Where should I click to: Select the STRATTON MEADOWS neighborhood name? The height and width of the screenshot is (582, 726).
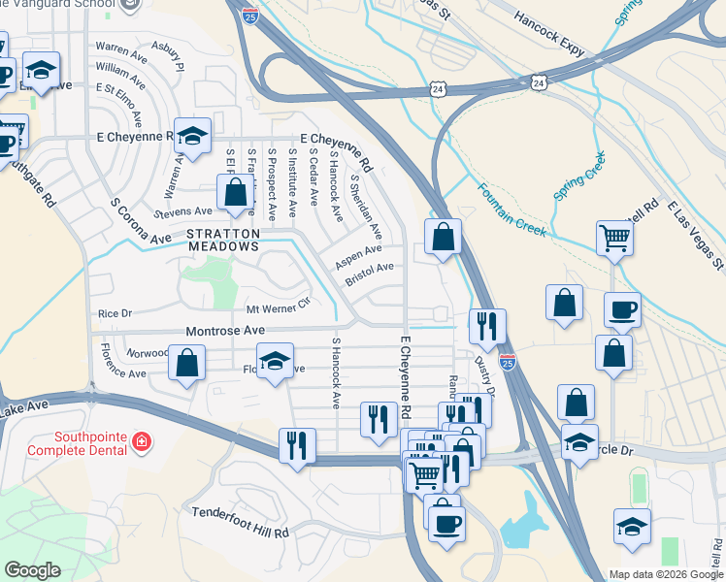pyautogui.click(x=223, y=240)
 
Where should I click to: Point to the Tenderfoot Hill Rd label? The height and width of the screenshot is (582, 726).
pyautogui.click(x=241, y=523)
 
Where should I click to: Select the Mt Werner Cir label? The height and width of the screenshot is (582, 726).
pyautogui.click(x=278, y=307)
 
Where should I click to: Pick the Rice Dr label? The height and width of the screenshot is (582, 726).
pyautogui.click(x=115, y=313)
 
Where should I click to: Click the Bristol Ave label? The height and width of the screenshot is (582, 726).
pyautogui.click(x=370, y=274)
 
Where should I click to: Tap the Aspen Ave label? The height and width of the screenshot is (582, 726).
pyautogui.click(x=358, y=254)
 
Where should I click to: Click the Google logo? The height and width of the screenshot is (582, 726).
pyautogui.click(x=32, y=570)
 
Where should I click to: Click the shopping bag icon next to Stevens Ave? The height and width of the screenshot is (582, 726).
pyautogui.click(x=235, y=192)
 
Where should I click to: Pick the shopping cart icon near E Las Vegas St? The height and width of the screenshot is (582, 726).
pyautogui.click(x=615, y=236)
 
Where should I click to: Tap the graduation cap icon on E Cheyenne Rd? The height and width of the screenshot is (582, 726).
pyautogui.click(x=192, y=136)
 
